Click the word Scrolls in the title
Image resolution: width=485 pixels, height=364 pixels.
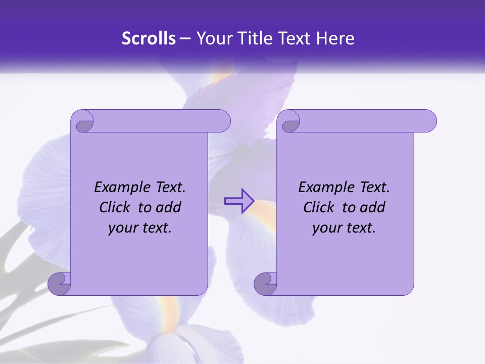coord(149,38)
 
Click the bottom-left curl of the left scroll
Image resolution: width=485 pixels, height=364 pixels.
coord(60,284)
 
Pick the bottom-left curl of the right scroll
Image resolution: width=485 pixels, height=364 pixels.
coord(265,284)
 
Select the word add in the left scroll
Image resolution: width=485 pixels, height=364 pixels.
coord(169,207)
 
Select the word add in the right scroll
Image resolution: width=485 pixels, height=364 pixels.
coord(373,207)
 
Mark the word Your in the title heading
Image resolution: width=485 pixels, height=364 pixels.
coord(212,38)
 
